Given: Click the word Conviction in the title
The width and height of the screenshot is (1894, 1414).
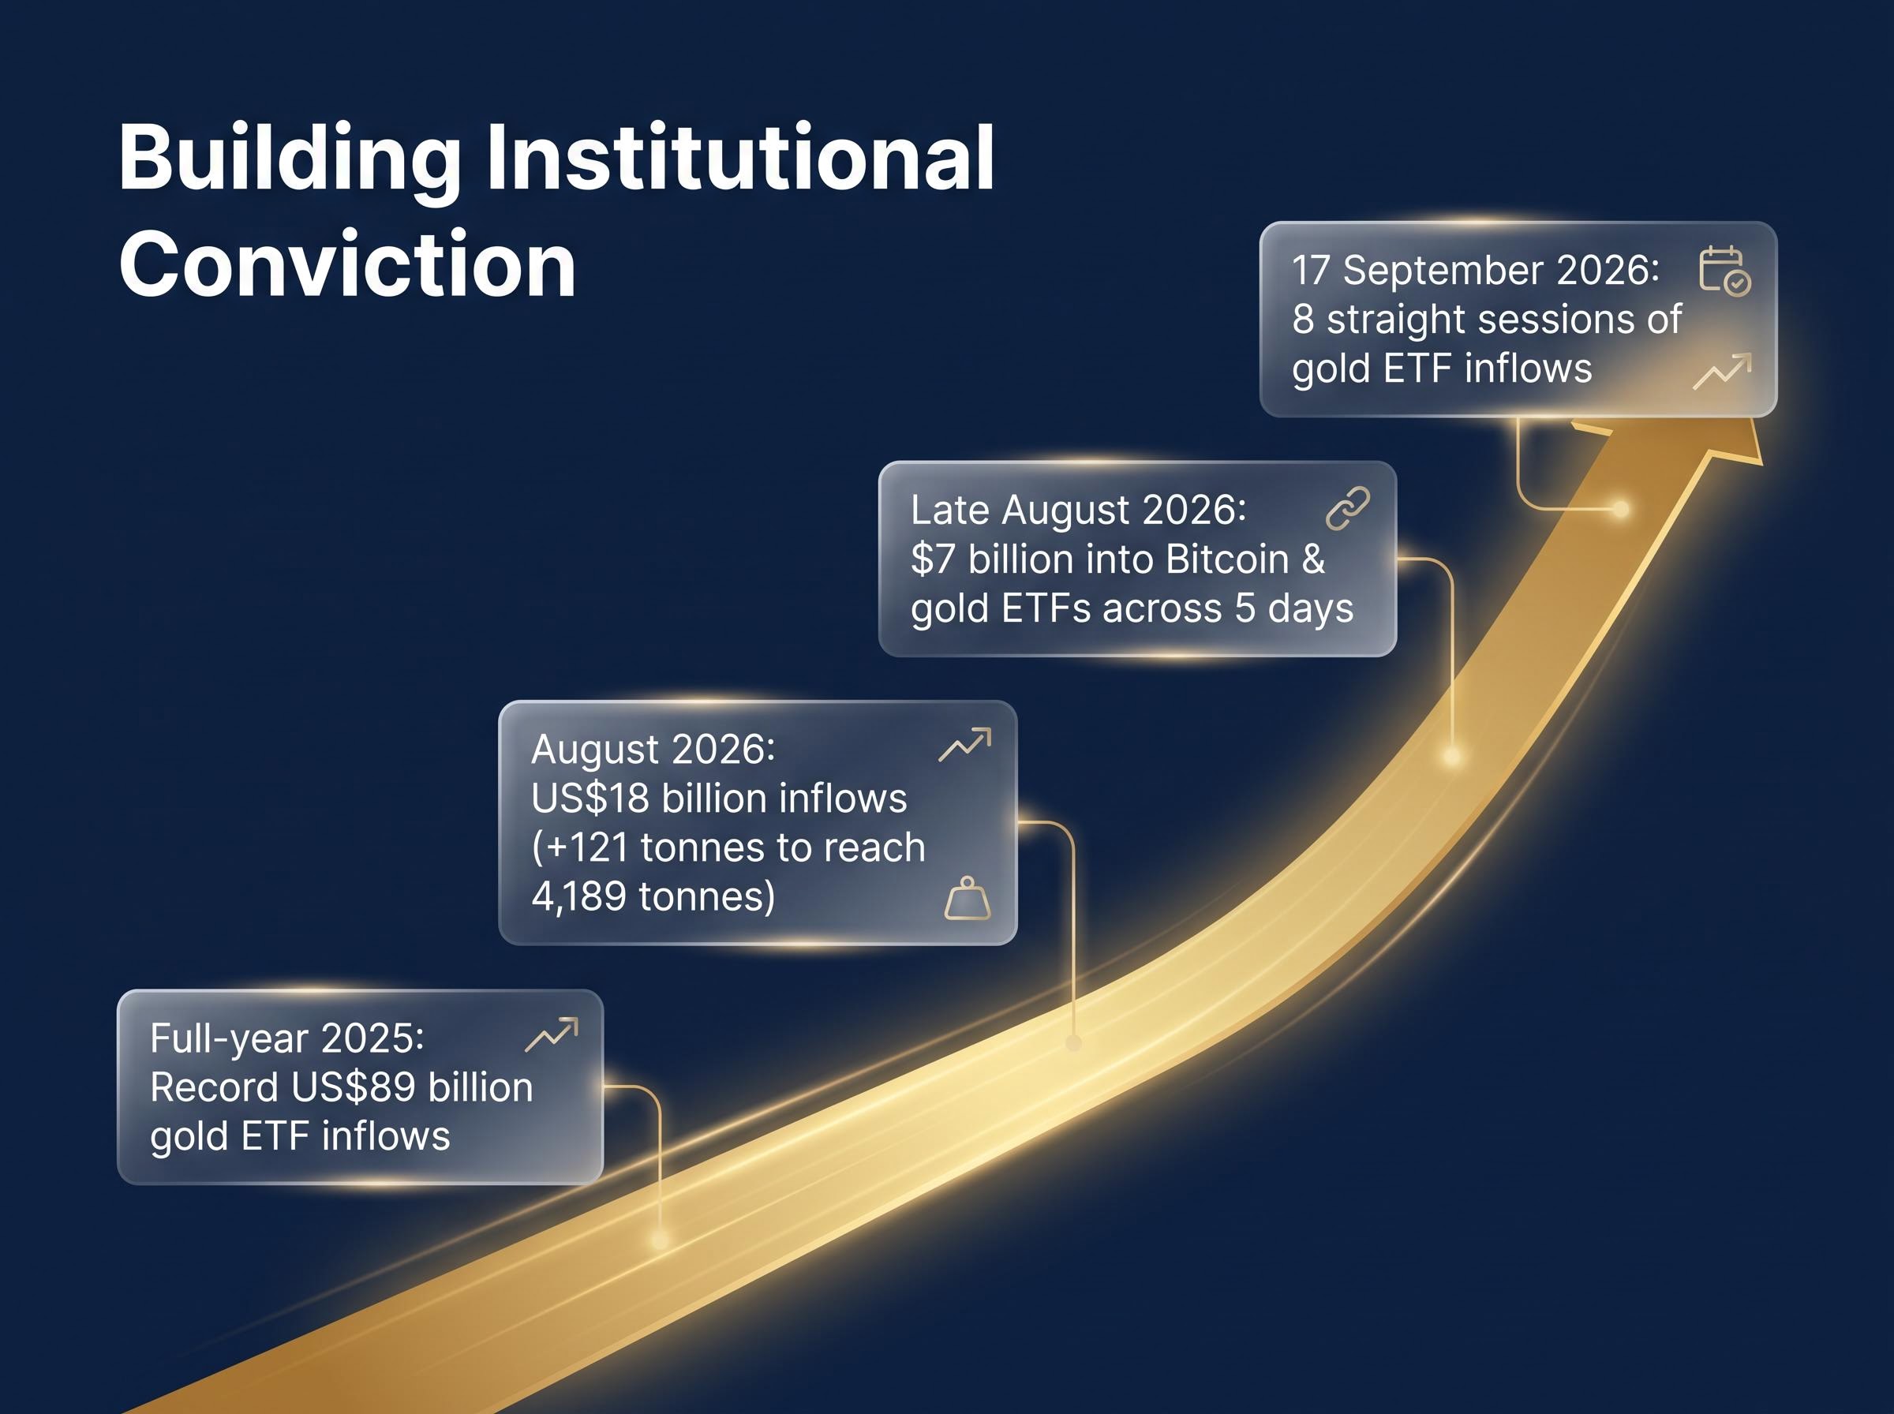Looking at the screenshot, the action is point(347,264).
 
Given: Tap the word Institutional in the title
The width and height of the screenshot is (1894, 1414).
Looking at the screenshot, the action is point(740,158).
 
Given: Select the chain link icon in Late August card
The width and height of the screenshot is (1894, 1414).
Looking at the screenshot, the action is point(1347,509).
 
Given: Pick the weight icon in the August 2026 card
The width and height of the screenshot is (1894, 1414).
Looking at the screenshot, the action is point(967,898).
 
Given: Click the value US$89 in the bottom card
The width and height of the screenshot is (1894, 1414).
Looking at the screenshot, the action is point(354,1087).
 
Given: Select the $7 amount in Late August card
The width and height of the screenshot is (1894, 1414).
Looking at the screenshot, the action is point(933,559).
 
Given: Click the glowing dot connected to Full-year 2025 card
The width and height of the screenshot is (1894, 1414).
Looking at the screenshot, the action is point(659,1239).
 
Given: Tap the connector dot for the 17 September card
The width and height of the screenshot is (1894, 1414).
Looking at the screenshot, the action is point(1620,509).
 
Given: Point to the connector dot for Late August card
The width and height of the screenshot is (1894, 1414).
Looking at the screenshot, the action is point(1451,756).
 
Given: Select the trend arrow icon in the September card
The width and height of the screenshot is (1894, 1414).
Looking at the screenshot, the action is point(1722,371).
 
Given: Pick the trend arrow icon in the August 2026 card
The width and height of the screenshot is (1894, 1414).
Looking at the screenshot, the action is point(964,745).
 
